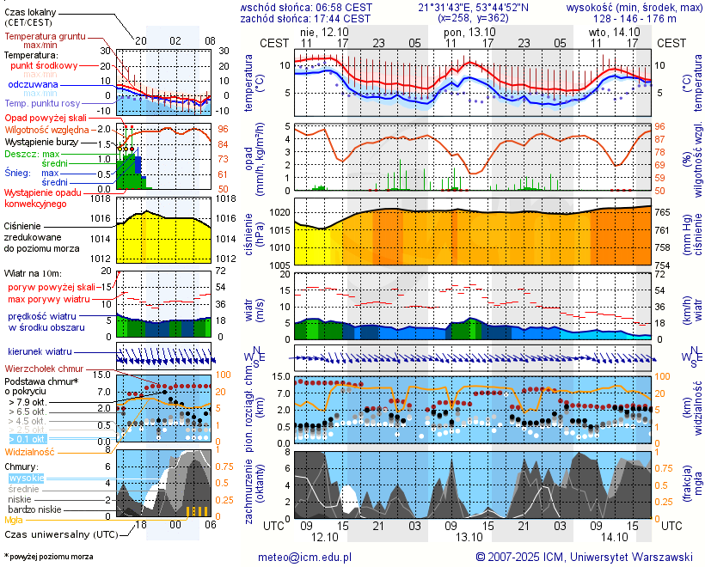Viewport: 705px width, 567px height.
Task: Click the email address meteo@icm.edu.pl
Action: [x=304, y=557]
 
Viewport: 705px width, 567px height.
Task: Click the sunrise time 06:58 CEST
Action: [x=346, y=7]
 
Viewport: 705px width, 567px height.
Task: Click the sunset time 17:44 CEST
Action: [x=346, y=18]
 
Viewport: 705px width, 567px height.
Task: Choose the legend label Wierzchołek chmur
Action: [x=43, y=368]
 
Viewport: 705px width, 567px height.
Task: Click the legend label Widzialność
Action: [x=30, y=451]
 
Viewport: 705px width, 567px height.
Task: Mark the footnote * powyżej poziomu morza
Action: [x=48, y=557]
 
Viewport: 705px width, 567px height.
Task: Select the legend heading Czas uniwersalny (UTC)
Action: [x=57, y=534]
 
